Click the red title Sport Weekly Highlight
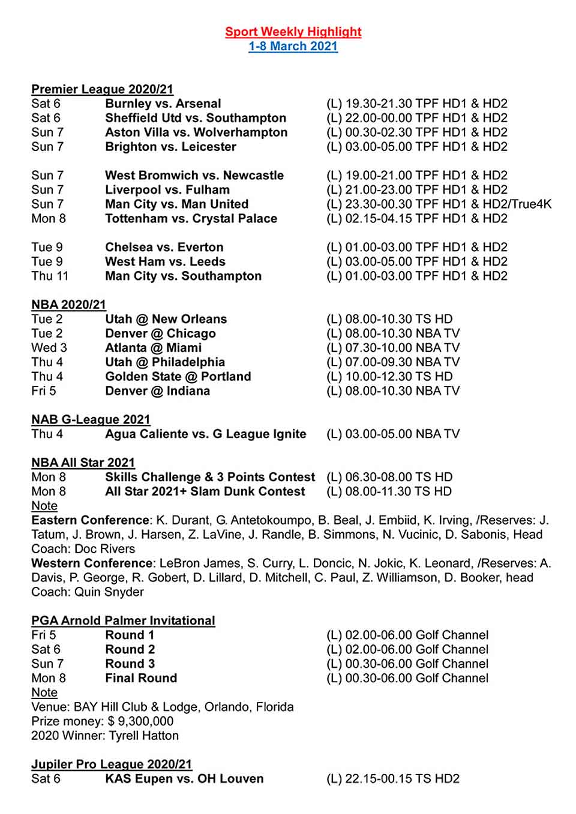(x=293, y=32)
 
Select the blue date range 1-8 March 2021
(x=293, y=46)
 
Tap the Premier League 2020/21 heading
(x=102, y=89)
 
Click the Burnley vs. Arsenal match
(x=163, y=104)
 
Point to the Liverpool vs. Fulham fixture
(x=167, y=190)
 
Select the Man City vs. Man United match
(x=176, y=204)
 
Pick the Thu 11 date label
(x=50, y=276)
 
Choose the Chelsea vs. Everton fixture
(x=164, y=248)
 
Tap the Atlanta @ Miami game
(x=153, y=348)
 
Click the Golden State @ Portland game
(x=178, y=377)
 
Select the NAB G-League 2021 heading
(x=91, y=420)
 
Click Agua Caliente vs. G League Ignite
(x=205, y=434)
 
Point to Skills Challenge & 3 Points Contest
(x=209, y=477)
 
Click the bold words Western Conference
(x=92, y=563)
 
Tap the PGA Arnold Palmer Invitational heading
(x=123, y=621)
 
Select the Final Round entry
(x=141, y=679)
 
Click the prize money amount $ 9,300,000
(x=140, y=722)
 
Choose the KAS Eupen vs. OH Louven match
(x=184, y=779)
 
